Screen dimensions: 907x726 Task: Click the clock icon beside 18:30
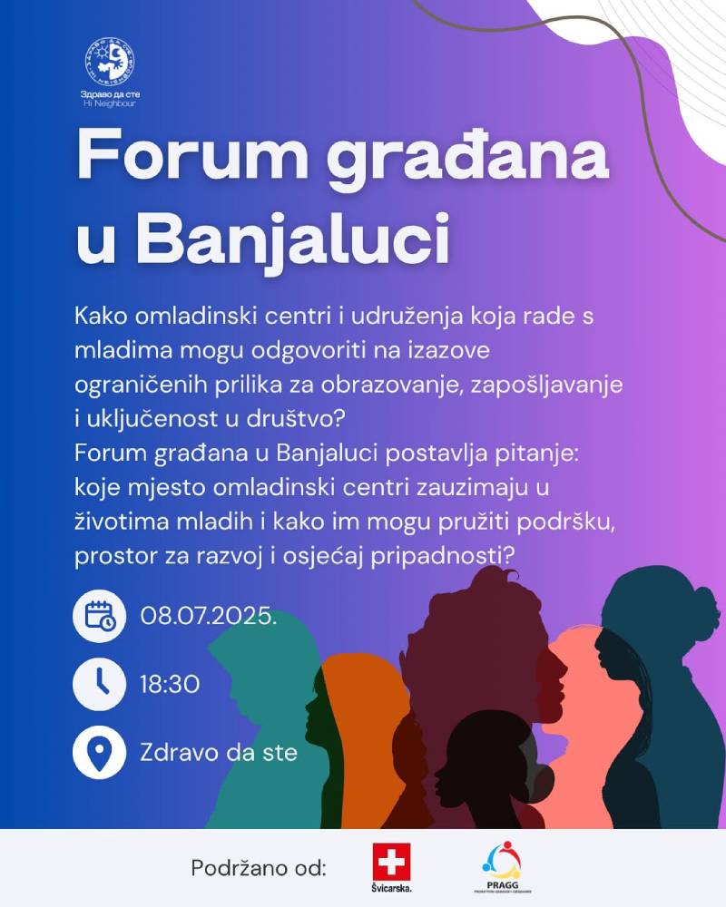[x=99, y=684]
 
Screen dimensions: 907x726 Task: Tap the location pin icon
[x=99, y=753]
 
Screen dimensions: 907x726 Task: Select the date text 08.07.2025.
[x=208, y=616]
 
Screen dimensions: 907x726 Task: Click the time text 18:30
[x=170, y=684]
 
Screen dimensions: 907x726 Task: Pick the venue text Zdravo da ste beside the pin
[x=219, y=753]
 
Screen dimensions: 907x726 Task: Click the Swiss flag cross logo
[x=392, y=861]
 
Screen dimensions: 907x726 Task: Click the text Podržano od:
[x=259, y=868]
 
